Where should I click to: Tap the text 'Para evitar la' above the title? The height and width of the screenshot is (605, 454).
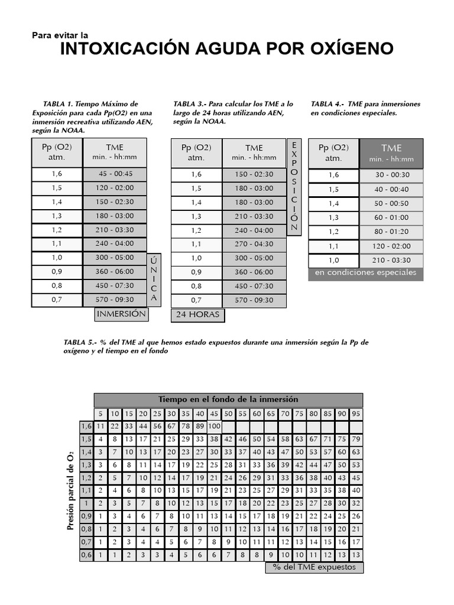59,35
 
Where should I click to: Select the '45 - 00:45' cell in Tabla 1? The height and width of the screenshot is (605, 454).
115,174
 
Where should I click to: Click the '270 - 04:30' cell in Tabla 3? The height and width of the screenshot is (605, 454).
254,244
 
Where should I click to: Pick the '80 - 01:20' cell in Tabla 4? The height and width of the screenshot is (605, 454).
391,232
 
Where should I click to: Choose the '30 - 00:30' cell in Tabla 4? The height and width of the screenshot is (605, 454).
391,175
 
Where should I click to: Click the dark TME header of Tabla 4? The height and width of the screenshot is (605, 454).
391,152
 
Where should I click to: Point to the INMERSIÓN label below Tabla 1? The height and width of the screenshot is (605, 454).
121,314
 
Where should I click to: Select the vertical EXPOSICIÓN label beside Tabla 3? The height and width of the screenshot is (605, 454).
294,187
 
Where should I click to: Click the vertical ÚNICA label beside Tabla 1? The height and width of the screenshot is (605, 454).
154,279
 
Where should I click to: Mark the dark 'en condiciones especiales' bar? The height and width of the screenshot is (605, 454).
366,273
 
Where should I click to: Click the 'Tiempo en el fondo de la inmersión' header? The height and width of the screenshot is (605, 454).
228,400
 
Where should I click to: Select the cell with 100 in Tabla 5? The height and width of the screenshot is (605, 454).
214,427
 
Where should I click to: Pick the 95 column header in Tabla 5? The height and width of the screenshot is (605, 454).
356,414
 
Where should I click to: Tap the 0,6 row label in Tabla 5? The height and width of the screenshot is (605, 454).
86,555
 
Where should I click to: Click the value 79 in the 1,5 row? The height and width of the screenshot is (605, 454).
356,440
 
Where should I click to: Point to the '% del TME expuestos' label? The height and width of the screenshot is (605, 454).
314,567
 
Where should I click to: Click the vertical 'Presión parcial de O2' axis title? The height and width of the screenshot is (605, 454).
70,489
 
